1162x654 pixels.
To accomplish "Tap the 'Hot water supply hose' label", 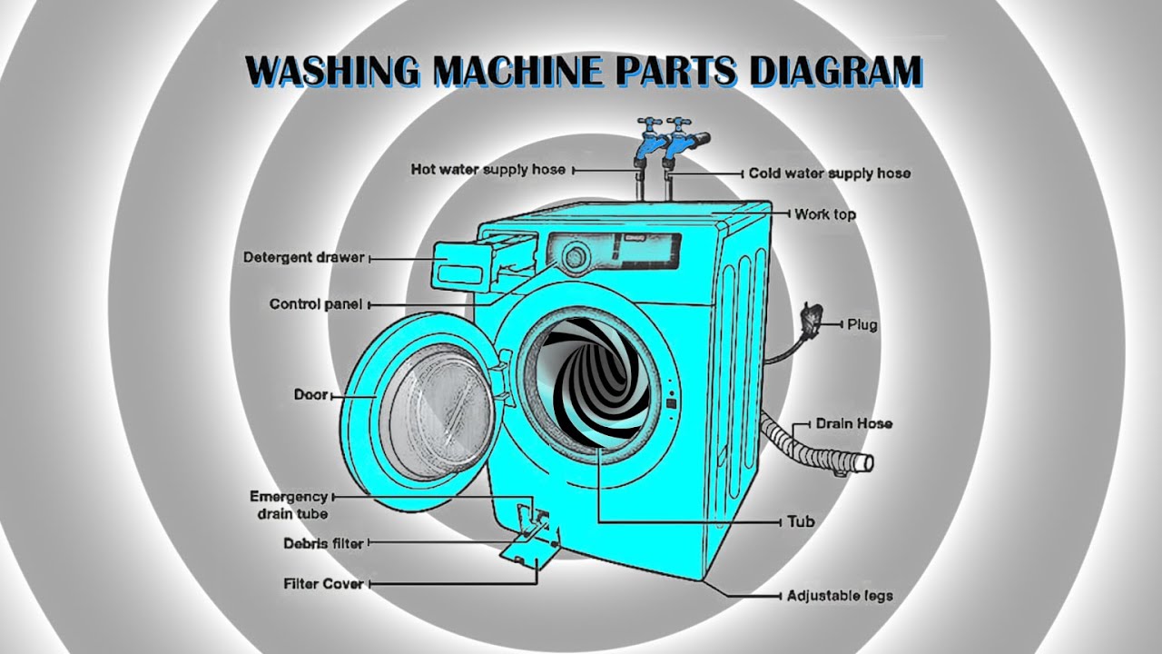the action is pyautogui.click(x=488, y=169).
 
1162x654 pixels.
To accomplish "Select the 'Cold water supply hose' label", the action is pyautogui.click(x=830, y=173).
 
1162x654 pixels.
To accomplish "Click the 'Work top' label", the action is pyautogui.click(x=825, y=214).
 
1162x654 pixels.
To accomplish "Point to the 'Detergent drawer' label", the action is pyautogui.click(x=304, y=257).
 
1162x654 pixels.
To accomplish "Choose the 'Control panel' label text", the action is pyautogui.click(x=316, y=304).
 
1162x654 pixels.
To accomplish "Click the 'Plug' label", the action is pyautogui.click(x=862, y=325).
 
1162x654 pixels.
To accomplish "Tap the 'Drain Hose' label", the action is pyautogui.click(x=854, y=423).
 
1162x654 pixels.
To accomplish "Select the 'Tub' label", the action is pyautogui.click(x=801, y=521).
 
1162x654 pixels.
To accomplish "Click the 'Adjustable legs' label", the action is pyautogui.click(x=840, y=596).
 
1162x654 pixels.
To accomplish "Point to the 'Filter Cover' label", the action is pyautogui.click(x=324, y=584).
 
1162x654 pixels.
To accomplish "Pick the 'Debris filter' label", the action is pyautogui.click(x=323, y=543).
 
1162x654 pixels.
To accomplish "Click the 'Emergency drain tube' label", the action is pyautogui.click(x=289, y=505).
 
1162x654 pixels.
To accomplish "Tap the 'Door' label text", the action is pyautogui.click(x=311, y=394).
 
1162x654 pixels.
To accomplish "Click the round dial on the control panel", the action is pyautogui.click(x=575, y=257).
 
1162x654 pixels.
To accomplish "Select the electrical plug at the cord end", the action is pyautogui.click(x=812, y=317).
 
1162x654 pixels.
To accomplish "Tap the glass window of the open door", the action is pyautogui.click(x=438, y=412).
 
